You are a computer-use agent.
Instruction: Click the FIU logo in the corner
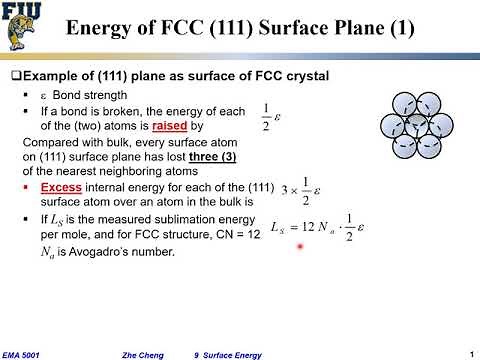click(22, 25)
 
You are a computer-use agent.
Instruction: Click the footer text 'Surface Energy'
click(240, 354)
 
